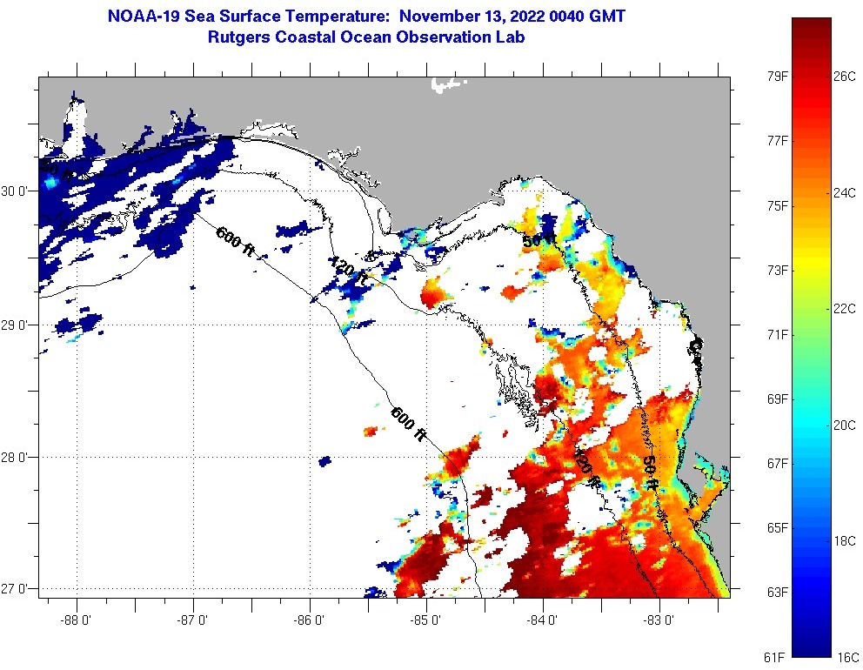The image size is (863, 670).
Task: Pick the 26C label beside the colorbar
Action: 845,76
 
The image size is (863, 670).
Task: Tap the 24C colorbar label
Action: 845,192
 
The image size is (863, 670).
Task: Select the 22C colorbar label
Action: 845,309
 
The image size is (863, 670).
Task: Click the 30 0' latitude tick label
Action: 17,191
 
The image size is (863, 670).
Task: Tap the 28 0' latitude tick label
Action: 17,457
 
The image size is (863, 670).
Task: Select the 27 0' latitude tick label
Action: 17,589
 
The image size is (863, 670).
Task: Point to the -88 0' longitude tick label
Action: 77,620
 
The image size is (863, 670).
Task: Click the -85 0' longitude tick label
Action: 426,620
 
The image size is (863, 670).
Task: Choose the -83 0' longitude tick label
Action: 659,620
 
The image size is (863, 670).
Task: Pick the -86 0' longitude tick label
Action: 310,620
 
